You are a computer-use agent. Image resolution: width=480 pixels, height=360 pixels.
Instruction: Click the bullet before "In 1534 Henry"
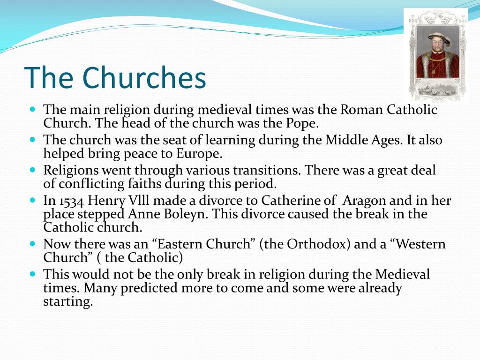pos(33,200)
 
